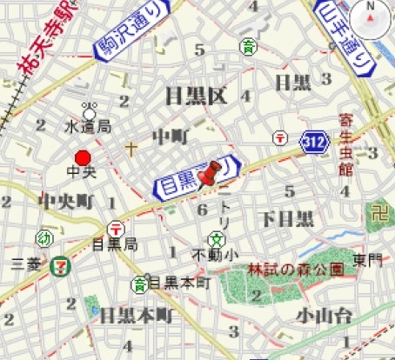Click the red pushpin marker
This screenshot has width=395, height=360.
coord(207,177)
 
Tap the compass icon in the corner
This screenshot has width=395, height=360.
coord(372,15)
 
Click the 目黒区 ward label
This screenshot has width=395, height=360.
coord(196,95)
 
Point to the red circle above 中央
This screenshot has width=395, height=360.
coord(83,157)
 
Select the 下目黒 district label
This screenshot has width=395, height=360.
coord(286,217)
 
